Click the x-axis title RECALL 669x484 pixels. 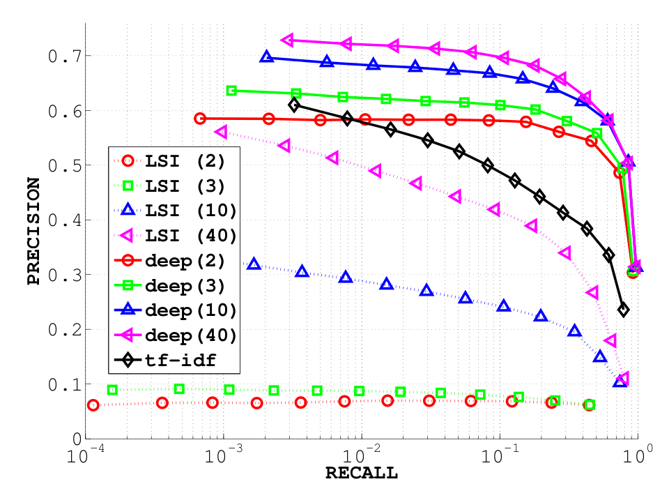coord(361,474)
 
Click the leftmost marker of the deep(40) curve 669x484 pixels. coord(287,40)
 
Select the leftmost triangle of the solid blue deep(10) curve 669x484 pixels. coord(266,56)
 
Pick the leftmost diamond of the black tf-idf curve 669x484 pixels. coord(294,105)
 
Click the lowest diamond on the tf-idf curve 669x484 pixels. coord(624,310)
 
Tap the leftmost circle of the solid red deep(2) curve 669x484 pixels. coord(200,119)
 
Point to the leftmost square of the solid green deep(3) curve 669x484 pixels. coord(232,91)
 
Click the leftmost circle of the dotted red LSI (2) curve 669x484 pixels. coord(93,405)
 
